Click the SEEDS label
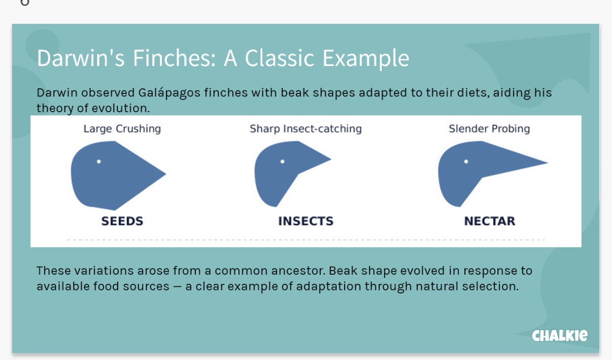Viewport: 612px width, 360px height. [x=122, y=221]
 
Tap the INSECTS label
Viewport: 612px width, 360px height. [x=305, y=221]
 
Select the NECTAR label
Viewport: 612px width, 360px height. [x=490, y=221]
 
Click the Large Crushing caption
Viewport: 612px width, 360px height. [x=122, y=129]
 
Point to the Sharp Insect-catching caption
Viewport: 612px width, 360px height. [x=305, y=129]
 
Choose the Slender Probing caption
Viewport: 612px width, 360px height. [x=489, y=129]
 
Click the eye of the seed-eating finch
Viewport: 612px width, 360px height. [x=99, y=161]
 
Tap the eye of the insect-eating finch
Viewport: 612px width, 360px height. [x=283, y=161]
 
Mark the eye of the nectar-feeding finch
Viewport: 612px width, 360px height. [x=466, y=161]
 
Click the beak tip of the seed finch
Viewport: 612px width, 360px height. [x=165, y=173]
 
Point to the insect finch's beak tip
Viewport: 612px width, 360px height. [x=331, y=158]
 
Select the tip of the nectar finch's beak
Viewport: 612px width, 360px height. [x=547, y=162]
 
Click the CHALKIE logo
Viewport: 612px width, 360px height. [x=560, y=336]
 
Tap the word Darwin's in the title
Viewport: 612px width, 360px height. [x=81, y=58]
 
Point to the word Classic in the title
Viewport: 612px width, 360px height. [x=280, y=58]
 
